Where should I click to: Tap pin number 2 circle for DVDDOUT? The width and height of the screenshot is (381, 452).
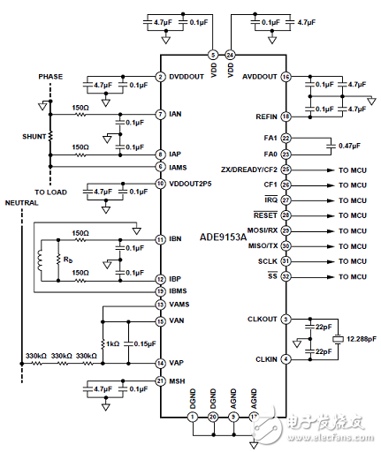pyautogui.click(x=160, y=77)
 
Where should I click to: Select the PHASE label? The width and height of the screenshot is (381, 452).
pyautogui.click(x=50, y=76)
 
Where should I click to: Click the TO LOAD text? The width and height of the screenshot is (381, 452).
pyautogui.click(x=50, y=190)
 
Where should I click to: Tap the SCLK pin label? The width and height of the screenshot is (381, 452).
pyautogui.click(x=267, y=261)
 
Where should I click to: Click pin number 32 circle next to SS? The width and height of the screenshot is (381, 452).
pyautogui.click(x=286, y=276)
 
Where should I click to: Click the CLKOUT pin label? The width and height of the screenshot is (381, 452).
pyautogui.click(x=262, y=319)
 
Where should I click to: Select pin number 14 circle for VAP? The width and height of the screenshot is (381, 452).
pyautogui.click(x=160, y=362)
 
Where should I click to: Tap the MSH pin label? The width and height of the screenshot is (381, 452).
pyautogui.click(x=177, y=380)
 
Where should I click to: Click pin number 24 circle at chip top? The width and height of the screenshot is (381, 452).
pyautogui.click(x=230, y=54)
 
